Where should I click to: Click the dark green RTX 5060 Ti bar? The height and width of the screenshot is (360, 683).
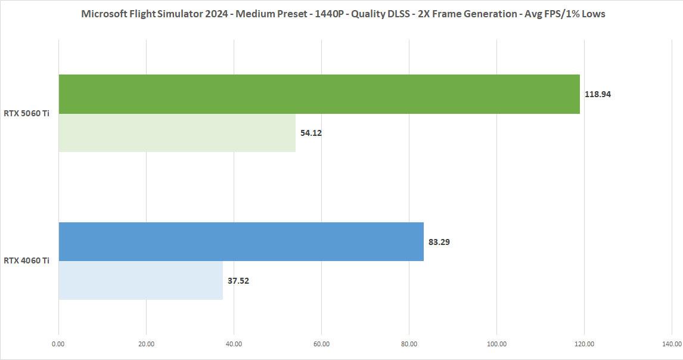(319, 94)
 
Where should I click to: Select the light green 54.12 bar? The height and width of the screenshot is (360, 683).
(177, 133)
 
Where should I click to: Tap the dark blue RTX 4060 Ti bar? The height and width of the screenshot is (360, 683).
(241, 241)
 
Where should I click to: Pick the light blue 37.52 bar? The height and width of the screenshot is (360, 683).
(141, 280)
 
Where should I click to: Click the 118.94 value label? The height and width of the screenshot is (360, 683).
(598, 94)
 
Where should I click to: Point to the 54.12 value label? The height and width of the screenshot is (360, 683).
(311, 133)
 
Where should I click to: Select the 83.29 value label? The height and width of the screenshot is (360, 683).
(439, 242)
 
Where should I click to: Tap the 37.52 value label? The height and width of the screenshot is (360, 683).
(238, 281)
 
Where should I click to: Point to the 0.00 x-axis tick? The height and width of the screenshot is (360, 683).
(58, 344)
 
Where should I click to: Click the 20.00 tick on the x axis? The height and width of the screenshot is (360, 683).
(146, 344)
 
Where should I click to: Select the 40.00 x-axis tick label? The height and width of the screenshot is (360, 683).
(234, 344)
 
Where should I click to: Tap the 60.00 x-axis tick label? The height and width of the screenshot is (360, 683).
(321, 344)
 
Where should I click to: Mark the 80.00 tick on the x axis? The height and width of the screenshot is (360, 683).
(409, 344)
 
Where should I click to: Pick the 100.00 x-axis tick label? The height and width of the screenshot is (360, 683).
(496, 344)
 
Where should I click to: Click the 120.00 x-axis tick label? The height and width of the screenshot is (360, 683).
(584, 344)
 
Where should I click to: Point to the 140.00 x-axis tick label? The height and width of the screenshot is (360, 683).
(671, 344)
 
